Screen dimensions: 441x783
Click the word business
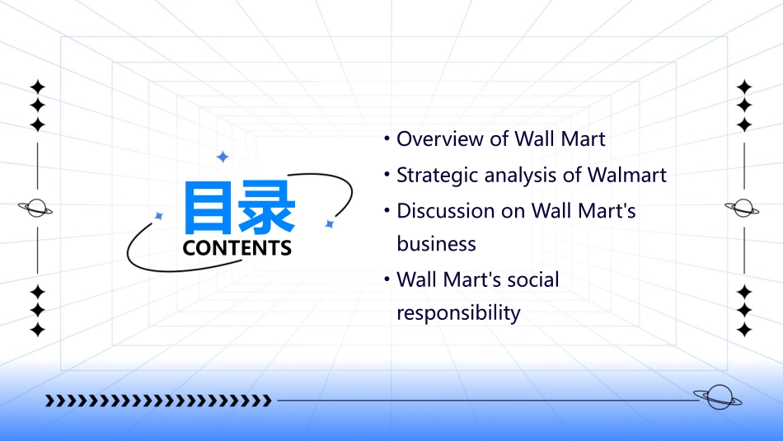coord(436,244)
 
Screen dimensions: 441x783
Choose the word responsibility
coord(458,313)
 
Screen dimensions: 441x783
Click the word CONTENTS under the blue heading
coord(237,248)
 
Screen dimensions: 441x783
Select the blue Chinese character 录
coord(265,209)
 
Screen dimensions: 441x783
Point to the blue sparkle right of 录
coord(329,223)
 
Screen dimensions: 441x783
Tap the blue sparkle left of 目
coord(159,216)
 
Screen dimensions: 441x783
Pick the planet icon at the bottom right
coord(717,398)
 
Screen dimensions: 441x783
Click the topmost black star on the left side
coord(36,87)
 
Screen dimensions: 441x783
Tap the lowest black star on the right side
coord(744,330)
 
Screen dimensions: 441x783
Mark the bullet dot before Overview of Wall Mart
coord(386,138)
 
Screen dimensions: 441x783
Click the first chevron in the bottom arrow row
coord(49,401)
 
